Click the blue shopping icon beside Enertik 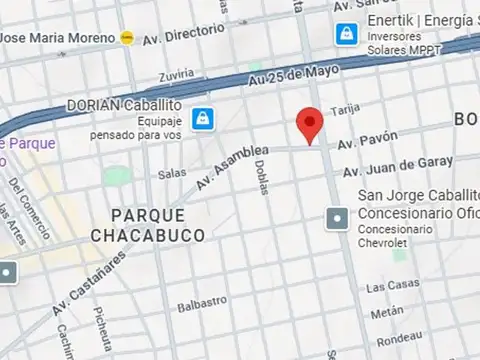click(346, 33)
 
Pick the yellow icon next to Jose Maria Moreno click(127, 37)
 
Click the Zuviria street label click(176, 73)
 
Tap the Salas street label click(172, 174)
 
